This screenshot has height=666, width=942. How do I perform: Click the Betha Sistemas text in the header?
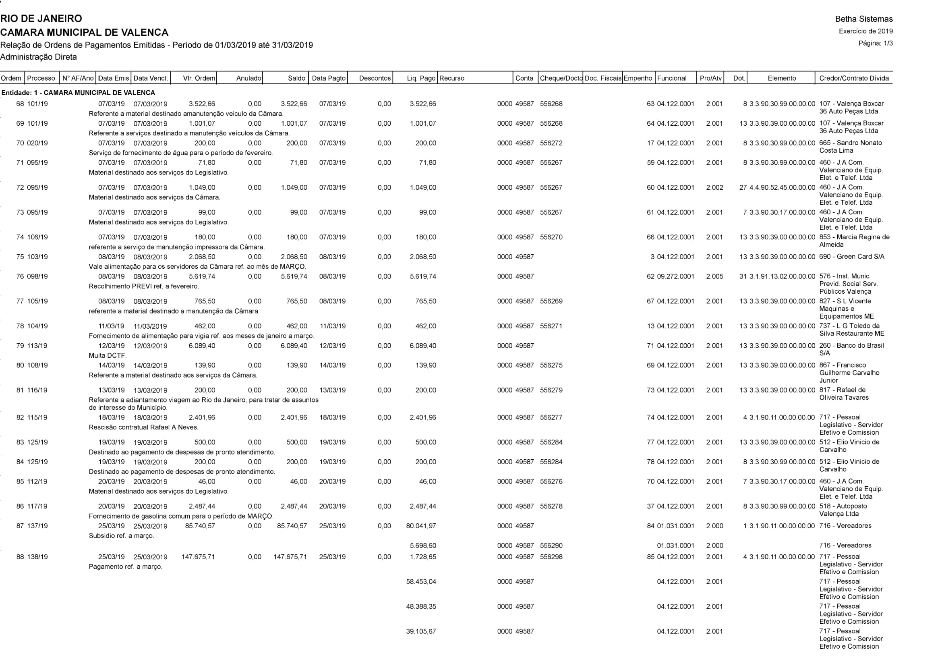pos(863,19)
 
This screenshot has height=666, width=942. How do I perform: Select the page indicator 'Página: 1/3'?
pos(876,43)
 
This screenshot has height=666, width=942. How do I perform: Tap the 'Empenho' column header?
pos(638,78)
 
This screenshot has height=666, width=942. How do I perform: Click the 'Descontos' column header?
pos(375,78)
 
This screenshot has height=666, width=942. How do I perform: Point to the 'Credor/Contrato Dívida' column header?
pos(854,78)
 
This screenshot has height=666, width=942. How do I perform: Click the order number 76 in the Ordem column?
pos(20,276)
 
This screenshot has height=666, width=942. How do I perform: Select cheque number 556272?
pos(551,143)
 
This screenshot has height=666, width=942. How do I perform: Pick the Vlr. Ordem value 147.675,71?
pos(198,557)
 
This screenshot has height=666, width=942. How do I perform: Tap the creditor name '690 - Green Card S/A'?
pos(852,257)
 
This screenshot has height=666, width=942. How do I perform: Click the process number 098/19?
pos(37,276)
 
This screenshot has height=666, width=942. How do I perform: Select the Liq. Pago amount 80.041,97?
pos(421,526)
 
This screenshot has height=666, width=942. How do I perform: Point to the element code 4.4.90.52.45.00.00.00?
pos(782,187)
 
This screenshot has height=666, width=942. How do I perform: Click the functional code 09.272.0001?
pos(675,276)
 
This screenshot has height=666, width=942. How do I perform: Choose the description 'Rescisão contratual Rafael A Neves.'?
pos(144,427)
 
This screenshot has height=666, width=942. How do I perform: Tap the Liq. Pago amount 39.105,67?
pos(421,631)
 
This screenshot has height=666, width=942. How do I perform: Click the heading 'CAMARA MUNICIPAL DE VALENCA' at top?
pos(84,32)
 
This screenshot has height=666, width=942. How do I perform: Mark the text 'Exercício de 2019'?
pos(866,31)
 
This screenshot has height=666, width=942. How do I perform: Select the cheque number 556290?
pos(551,546)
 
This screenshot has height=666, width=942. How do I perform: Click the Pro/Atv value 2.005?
pos(714,276)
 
